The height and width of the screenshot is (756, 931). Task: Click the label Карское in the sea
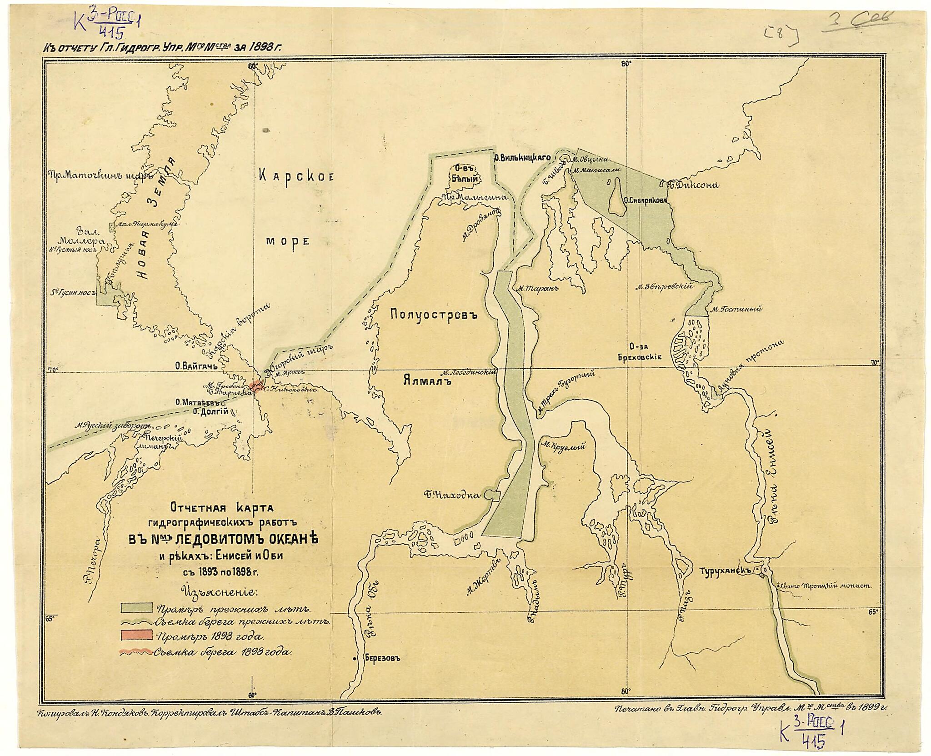coord(296,176)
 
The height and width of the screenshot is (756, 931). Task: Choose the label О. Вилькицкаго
coord(522,158)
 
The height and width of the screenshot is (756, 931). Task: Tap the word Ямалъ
coord(426,381)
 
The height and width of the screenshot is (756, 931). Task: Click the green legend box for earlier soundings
coord(136,608)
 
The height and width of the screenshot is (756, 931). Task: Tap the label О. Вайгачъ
coord(197,365)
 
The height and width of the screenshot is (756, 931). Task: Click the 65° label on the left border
coord(50,618)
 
